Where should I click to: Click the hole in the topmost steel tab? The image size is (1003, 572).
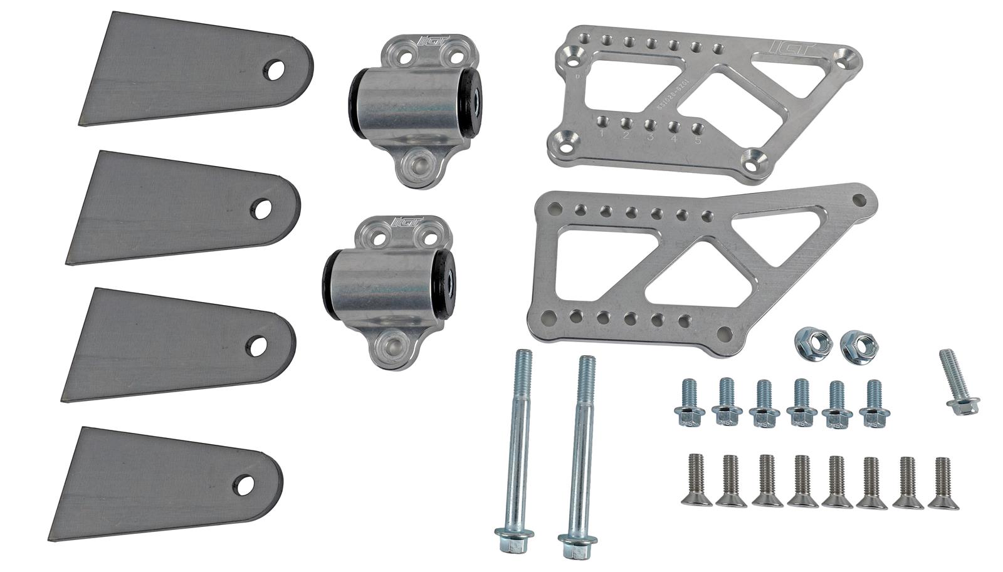click(x=274, y=70)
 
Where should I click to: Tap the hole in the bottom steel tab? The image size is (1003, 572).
click(x=245, y=484)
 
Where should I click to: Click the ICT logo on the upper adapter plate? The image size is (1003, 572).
click(x=785, y=47)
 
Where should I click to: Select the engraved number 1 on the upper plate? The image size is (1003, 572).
click(x=602, y=133)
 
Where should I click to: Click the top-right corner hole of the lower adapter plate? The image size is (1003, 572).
click(x=859, y=200)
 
